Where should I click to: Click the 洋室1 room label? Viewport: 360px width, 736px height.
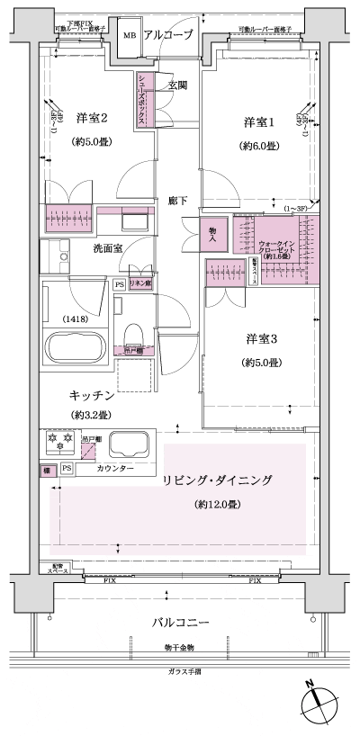point(256,121)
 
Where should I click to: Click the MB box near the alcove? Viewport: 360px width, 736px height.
point(130,35)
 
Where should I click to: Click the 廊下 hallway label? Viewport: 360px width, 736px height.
point(177,200)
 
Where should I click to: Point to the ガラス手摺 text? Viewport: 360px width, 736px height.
point(184,672)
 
